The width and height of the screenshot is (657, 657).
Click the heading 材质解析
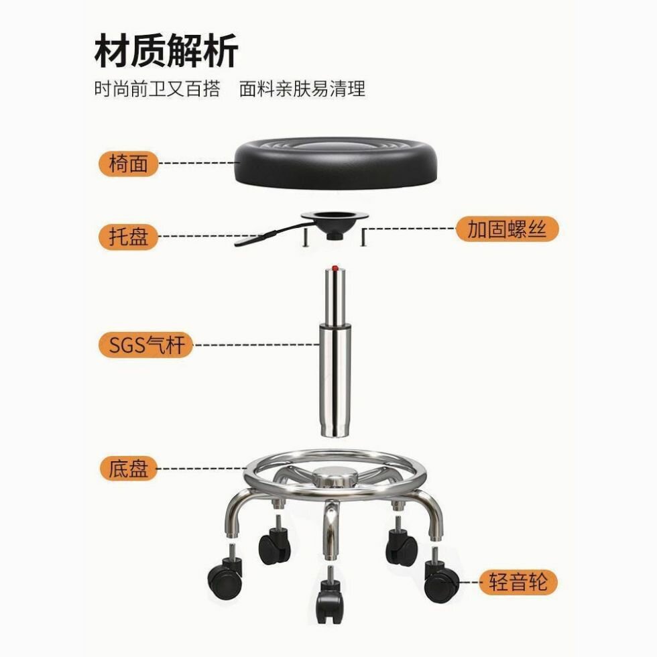click(x=166, y=51)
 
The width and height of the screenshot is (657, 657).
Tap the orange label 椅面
click(x=128, y=164)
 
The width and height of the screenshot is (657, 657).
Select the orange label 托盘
click(x=128, y=237)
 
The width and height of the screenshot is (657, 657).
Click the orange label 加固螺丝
click(x=507, y=229)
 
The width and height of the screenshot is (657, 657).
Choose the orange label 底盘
click(x=128, y=468)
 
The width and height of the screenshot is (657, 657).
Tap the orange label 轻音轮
click(x=518, y=582)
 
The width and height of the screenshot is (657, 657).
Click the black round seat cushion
click(x=337, y=162)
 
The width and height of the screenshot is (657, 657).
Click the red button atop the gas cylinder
click(x=335, y=268)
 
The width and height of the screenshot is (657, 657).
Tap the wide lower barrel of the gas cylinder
click(x=335, y=381)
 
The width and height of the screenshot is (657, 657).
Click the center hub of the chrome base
click(x=335, y=477)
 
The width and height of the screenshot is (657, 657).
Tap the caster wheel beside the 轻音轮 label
click(x=440, y=576)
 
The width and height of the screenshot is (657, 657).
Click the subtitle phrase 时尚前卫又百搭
click(x=157, y=88)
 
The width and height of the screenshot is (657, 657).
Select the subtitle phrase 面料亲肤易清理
click(x=302, y=88)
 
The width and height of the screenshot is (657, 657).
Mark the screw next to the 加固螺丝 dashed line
click(x=363, y=237)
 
